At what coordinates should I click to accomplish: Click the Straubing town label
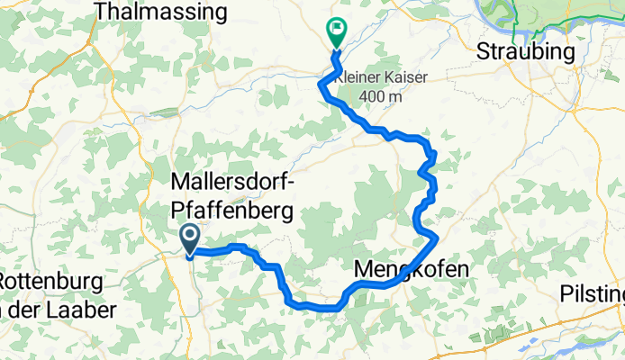tap(526, 51)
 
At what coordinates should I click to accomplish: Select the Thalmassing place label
tap(160, 12)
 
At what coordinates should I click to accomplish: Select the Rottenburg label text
tap(52, 281)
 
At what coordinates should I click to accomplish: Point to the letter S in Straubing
tap(484, 51)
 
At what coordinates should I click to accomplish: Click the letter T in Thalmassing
tap(100, 12)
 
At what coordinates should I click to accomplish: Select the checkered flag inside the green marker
tap(337, 29)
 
